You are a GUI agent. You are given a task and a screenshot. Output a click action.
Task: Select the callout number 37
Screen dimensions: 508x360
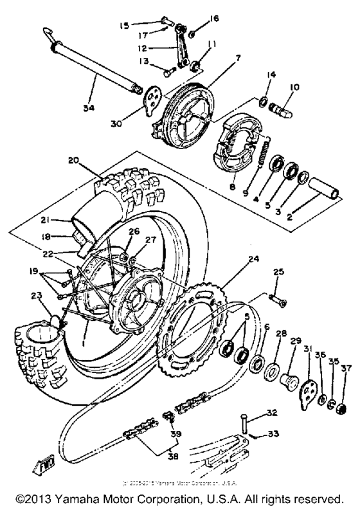tap(347, 368)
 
